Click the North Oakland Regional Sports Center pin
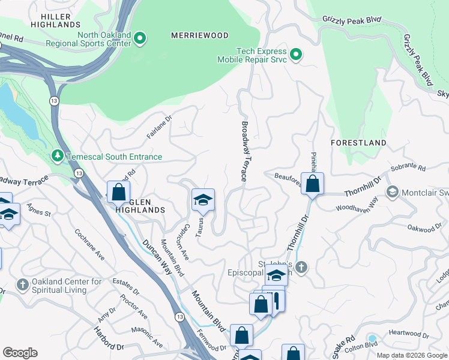pyautogui.click(x=140, y=39)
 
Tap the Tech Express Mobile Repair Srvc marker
pyautogui.click(x=295, y=55)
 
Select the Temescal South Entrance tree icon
pyautogui.click(x=58, y=157)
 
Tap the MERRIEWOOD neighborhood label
pyautogui.click(x=200, y=35)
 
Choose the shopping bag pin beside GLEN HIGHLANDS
pyautogui.click(x=118, y=192)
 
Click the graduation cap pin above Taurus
pyautogui.click(x=203, y=200)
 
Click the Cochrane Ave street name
pyautogui.click(x=89, y=244)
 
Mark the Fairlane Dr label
pyautogui.click(x=160, y=127)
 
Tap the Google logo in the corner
pyautogui.click(x=20, y=353)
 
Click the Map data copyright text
pyautogui.click(x=412, y=355)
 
